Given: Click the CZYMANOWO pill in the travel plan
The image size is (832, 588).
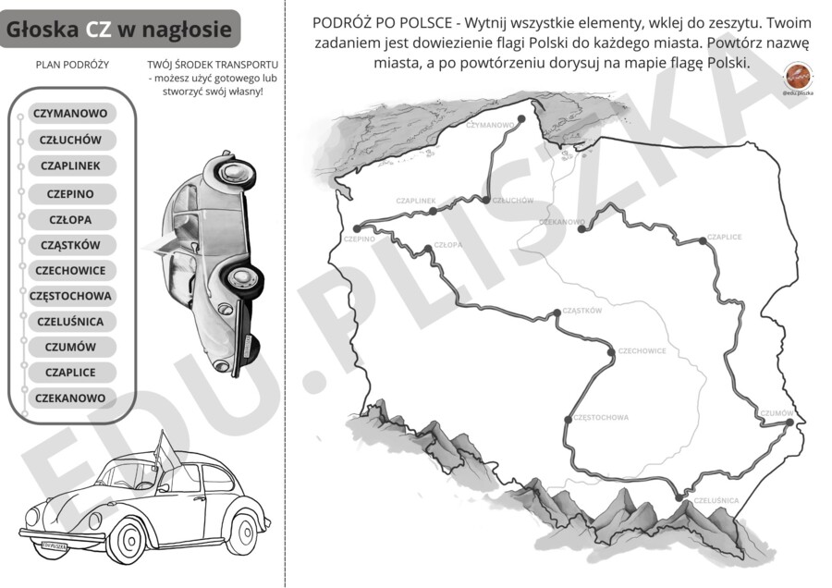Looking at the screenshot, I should (x=70, y=114).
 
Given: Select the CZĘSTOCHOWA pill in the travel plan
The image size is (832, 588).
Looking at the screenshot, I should (x=70, y=296).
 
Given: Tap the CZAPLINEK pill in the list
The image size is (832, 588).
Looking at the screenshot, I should (x=70, y=165).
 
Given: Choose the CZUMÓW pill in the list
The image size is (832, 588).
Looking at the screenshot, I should (x=70, y=347).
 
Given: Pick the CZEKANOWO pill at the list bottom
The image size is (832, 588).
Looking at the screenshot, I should (x=70, y=398).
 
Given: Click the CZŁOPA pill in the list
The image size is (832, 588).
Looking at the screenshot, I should (x=70, y=220).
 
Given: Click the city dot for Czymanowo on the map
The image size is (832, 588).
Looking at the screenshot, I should (x=520, y=119).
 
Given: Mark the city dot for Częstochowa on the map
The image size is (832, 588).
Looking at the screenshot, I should (x=568, y=417).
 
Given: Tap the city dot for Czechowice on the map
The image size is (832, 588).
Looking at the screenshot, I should (x=611, y=351).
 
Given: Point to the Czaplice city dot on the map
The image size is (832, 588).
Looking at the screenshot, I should (x=703, y=239).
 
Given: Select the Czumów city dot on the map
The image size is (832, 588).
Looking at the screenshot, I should (x=789, y=423).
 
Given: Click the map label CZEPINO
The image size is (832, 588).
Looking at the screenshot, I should (x=359, y=239).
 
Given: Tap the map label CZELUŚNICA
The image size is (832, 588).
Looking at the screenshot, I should (x=716, y=500).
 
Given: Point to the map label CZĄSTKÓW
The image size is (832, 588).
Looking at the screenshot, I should (x=581, y=311).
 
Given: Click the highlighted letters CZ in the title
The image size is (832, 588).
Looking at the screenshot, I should (x=99, y=30).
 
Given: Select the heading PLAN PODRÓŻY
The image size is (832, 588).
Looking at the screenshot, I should (x=72, y=66).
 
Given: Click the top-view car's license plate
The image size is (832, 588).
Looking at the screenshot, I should (x=247, y=348).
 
